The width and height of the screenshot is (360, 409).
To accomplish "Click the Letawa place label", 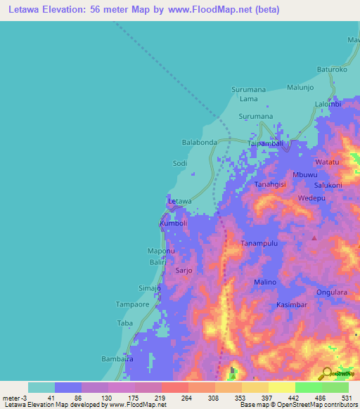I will [x=180, y=201].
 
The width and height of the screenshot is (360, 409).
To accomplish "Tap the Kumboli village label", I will [x=174, y=223].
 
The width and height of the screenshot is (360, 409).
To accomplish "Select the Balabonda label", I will [x=199, y=142].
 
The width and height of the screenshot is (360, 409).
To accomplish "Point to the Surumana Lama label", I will [x=249, y=94].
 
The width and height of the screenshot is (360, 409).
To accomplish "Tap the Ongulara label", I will [x=332, y=292].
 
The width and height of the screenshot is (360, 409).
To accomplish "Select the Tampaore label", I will [x=131, y=305].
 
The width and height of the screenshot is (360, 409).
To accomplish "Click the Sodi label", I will [x=180, y=163].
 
